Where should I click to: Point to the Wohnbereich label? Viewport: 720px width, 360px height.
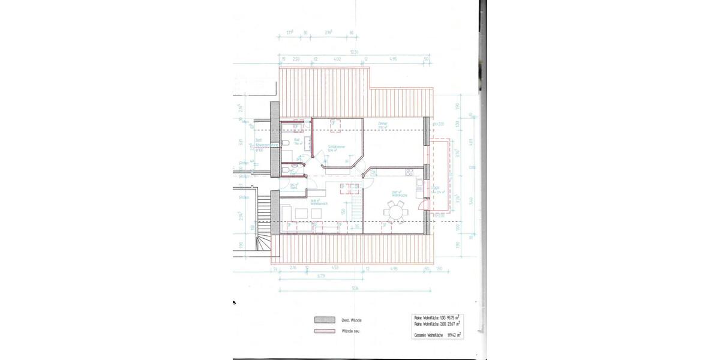318,203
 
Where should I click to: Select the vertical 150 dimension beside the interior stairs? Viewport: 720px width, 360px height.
343,211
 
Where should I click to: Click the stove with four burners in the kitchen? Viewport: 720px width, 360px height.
410,173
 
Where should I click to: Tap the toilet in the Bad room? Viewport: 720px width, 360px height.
284,143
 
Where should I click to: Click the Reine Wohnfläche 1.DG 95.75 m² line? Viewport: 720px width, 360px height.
439,317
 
